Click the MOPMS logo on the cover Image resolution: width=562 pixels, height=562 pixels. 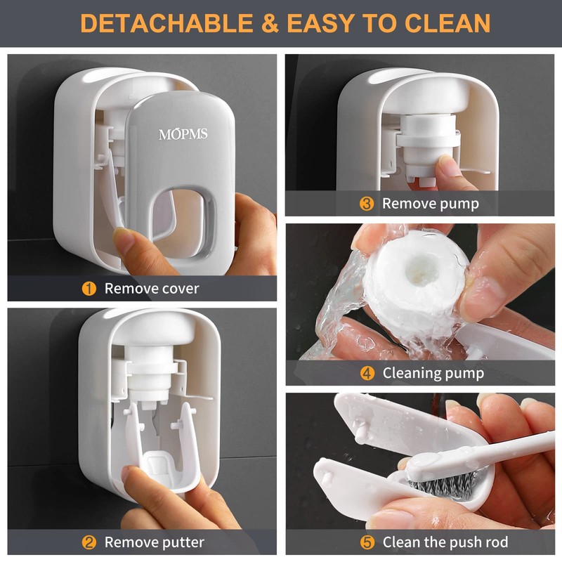(183, 133)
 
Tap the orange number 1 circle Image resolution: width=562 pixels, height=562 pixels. (89, 288)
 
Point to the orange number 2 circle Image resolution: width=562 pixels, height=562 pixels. (89, 542)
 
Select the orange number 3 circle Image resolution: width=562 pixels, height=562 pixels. (367, 204)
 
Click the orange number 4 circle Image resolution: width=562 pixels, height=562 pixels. (367, 373)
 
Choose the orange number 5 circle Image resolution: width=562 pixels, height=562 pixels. (367, 542)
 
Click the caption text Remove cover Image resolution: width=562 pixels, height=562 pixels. (152, 288)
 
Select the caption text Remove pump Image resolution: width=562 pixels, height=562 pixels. (430, 204)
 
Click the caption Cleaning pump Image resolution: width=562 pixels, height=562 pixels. (433, 373)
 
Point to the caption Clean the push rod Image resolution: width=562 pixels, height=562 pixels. (445, 542)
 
